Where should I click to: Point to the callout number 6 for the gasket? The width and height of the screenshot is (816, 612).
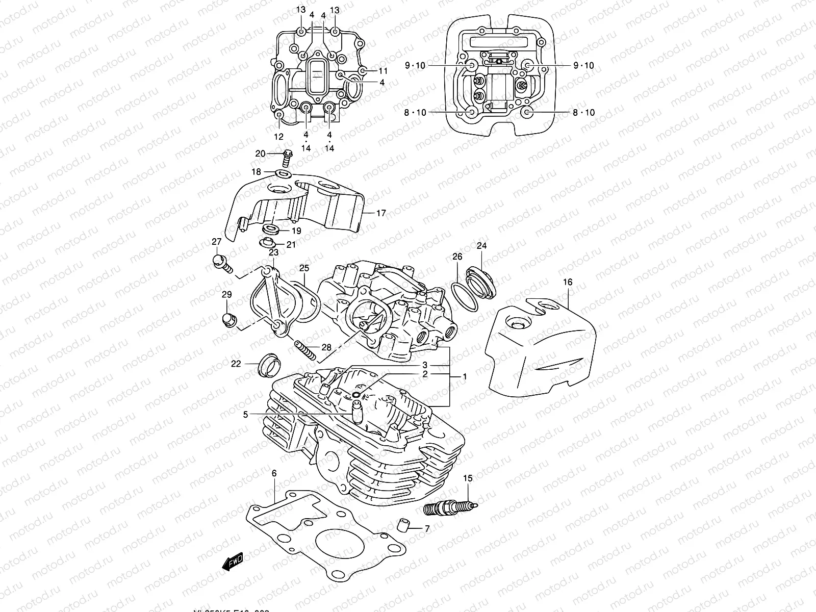point(274,474)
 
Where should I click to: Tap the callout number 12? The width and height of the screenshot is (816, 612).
point(278,137)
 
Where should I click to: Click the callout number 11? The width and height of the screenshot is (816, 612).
point(382,70)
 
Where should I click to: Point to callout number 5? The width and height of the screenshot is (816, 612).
point(245,415)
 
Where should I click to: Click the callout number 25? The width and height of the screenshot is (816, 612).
point(304,267)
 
